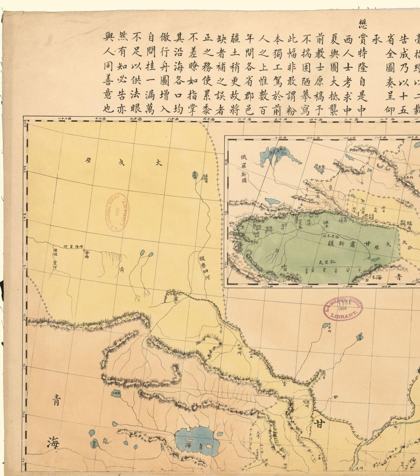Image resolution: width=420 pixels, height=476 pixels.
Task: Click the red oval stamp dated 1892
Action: [x=117, y=212]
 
